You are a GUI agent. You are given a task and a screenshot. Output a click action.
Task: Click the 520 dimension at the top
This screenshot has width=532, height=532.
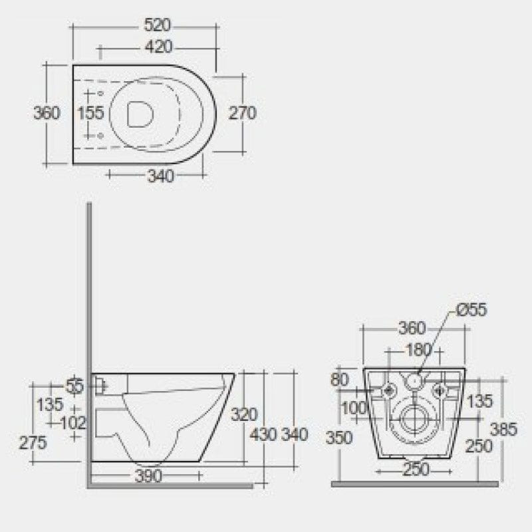[159, 26]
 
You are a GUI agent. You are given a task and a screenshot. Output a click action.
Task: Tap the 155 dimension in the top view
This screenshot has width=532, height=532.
[90, 113]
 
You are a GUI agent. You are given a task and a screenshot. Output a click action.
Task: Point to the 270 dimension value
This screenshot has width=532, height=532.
[243, 113]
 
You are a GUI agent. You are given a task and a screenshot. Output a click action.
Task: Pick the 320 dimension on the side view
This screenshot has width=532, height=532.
[243, 415]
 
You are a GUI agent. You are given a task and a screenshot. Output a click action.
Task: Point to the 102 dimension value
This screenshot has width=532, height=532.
[73, 422]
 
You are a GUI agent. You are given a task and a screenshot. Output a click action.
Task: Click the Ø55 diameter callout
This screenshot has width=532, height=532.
[471, 309]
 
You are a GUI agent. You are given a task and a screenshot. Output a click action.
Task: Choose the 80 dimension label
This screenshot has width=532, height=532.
[339, 380]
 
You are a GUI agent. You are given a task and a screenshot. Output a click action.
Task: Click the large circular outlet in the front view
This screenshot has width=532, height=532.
[414, 419]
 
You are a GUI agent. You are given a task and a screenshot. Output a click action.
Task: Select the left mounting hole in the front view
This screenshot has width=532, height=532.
[388, 390]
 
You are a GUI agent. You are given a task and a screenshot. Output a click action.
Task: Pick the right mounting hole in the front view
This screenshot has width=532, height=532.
[440, 390]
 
